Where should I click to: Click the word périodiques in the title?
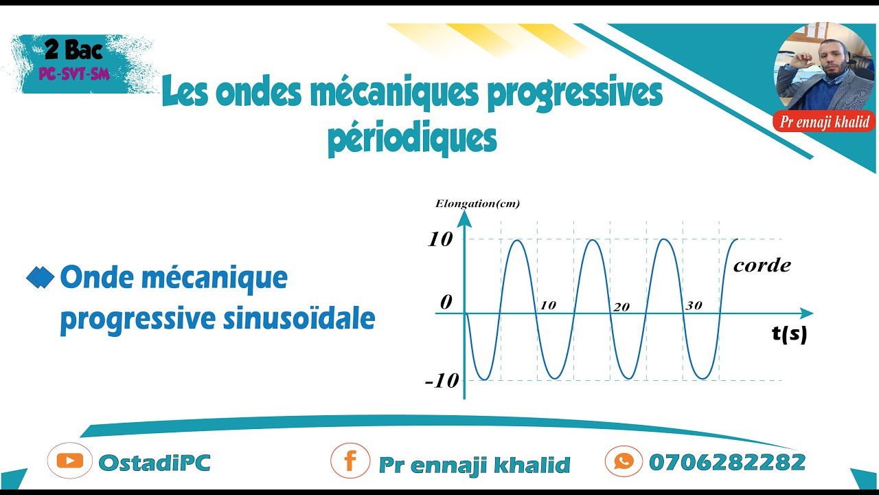pyautogui.click(x=412, y=137)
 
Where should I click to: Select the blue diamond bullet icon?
pyautogui.click(x=40, y=278)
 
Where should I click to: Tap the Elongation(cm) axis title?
pyautogui.click(x=477, y=203)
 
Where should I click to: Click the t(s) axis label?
pyautogui.click(x=789, y=334)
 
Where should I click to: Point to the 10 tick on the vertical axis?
pyautogui.click(x=440, y=239)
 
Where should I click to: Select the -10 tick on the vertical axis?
pyautogui.click(x=442, y=381)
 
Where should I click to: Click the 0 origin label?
pyautogui.click(x=446, y=302)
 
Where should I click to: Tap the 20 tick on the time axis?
pyautogui.click(x=621, y=307)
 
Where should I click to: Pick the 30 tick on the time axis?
pyautogui.click(x=694, y=306)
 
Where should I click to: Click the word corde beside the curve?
pyautogui.click(x=762, y=265)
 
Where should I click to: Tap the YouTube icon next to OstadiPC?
pyautogui.click(x=69, y=461)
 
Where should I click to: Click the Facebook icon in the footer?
pyautogui.click(x=350, y=461)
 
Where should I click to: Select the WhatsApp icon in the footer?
pyautogui.click(x=624, y=461)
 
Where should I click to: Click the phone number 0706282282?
pyautogui.click(x=727, y=462)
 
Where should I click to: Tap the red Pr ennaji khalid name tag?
pyautogui.click(x=824, y=122)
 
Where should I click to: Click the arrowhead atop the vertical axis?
pyautogui.click(x=464, y=218)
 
